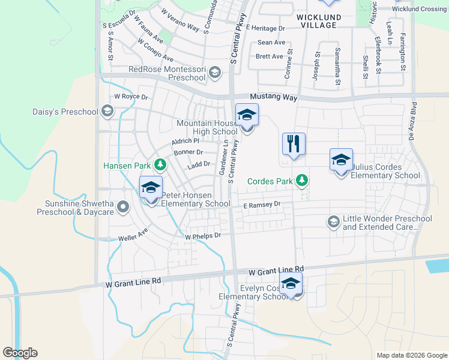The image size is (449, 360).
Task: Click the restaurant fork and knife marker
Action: click(294, 144)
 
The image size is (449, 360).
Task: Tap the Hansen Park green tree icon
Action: click(160, 164)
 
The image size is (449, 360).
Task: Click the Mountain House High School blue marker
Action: click(247, 115)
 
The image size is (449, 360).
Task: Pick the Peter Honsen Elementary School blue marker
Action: click(151, 187)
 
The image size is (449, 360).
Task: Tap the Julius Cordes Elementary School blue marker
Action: click(341, 160)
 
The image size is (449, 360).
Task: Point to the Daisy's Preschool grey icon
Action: click(107, 111)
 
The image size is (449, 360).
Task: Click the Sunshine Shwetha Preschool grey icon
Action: click(123, 207)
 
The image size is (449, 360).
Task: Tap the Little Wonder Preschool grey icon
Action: click(333, 222)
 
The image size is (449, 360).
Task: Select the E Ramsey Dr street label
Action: click(262, 205)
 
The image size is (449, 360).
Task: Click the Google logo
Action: click(20, 353)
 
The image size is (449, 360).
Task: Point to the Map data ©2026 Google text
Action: click(411, 355)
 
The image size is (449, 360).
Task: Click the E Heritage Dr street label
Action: click(265, 28)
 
